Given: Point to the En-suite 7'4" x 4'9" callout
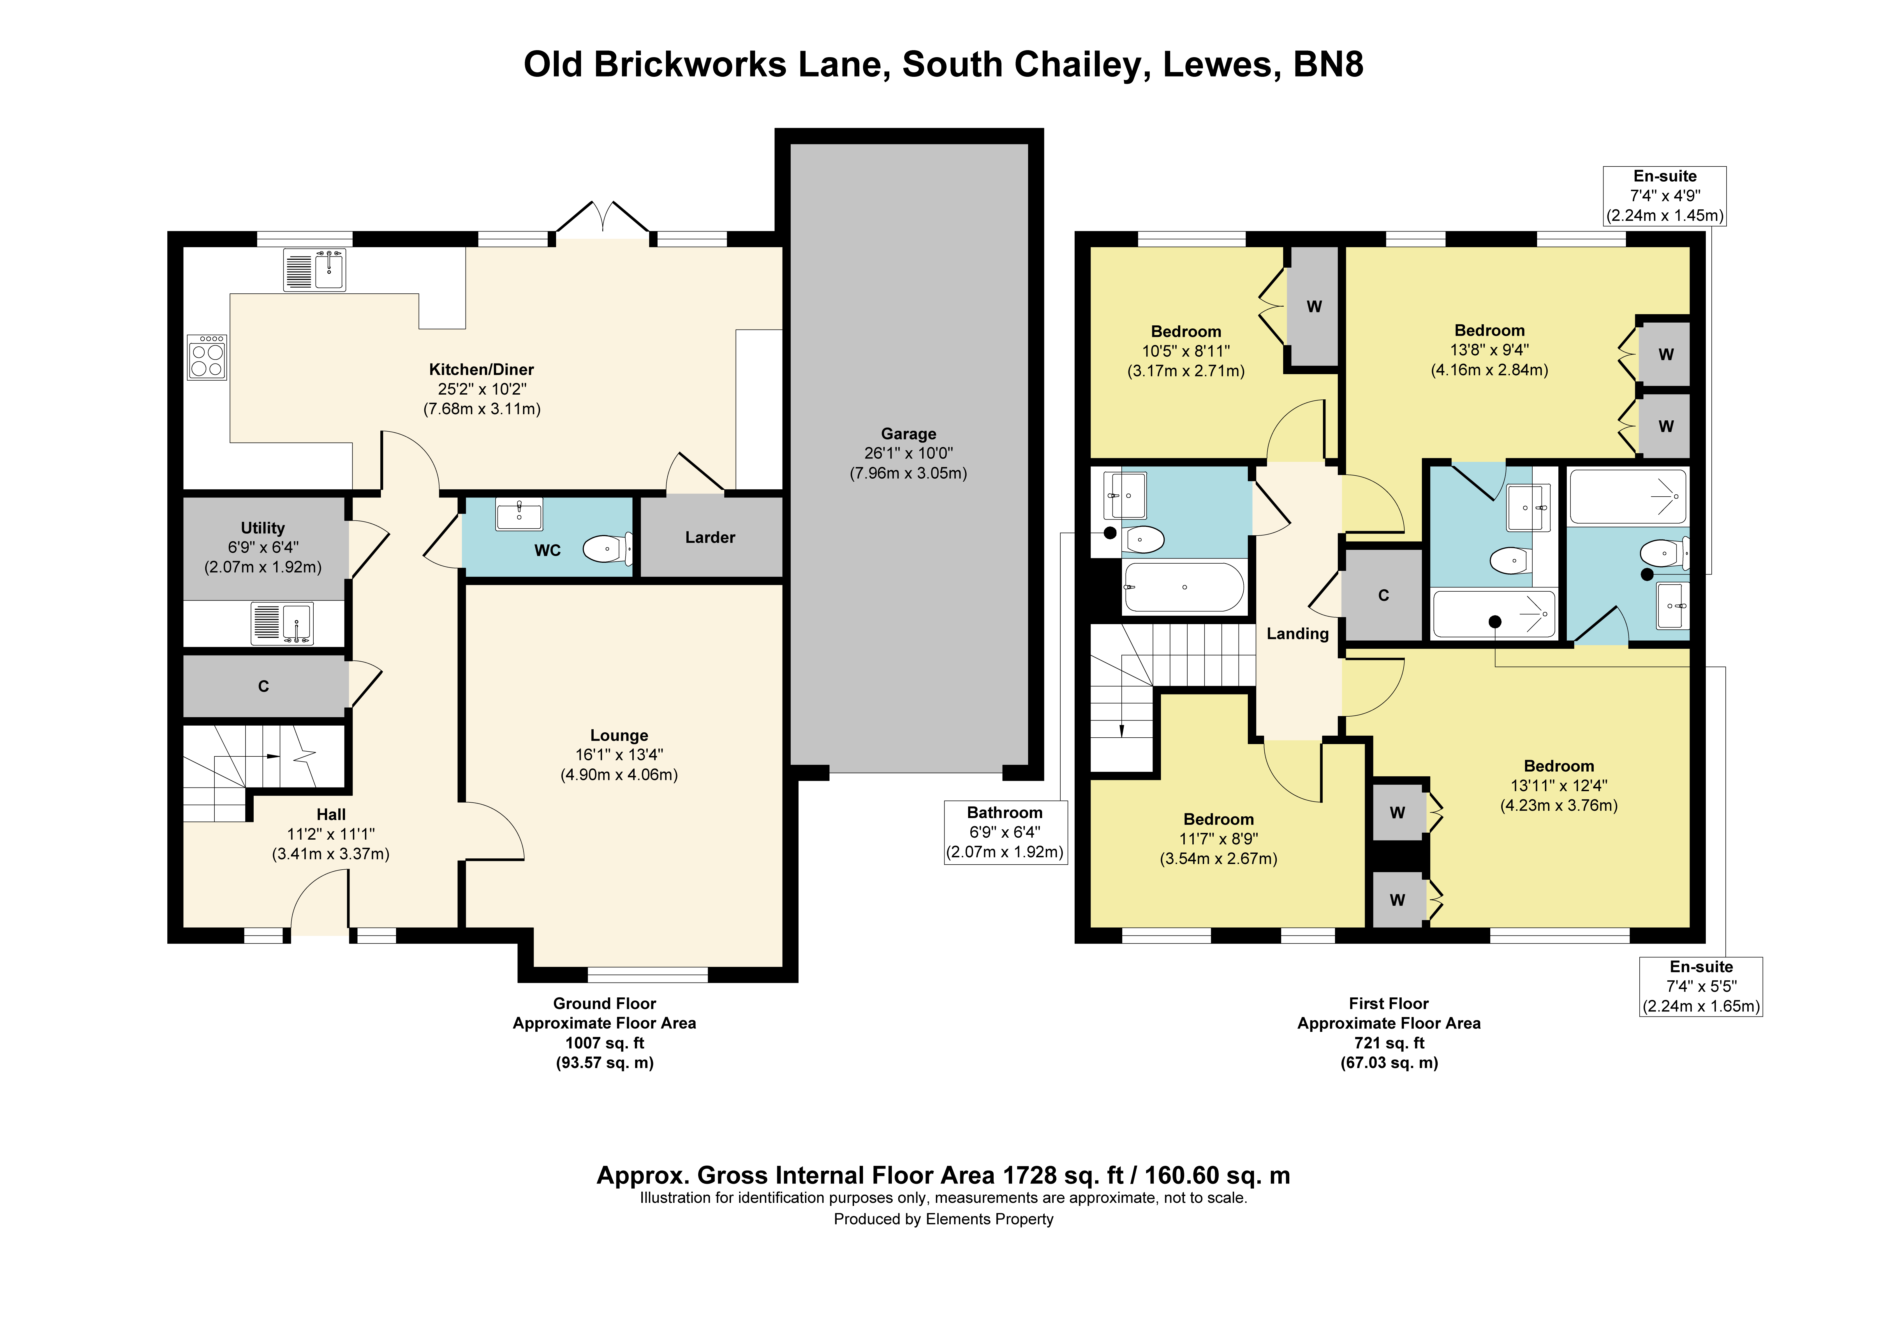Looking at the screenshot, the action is [1665, 196].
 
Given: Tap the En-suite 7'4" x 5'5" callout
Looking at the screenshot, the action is [1700, 986].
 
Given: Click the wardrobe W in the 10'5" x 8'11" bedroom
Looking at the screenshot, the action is [1314, 307].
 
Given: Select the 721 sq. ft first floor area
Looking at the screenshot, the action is [1389, 1043].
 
